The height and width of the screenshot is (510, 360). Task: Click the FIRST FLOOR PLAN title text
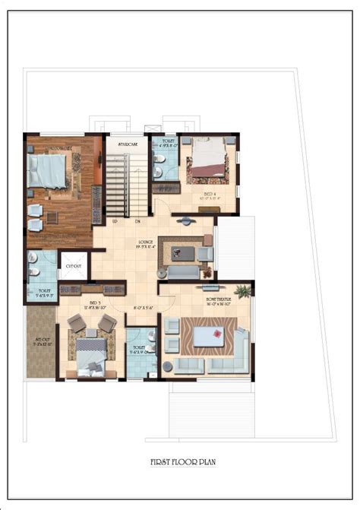click(x=179, y=461)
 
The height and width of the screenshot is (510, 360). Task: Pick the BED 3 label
click(x=95, y=303)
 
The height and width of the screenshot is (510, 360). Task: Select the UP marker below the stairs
click(x=115, y=221)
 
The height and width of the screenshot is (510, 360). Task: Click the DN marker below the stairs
click(x=137, y=221)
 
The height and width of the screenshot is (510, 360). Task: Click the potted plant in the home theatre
click(x=242, y=290)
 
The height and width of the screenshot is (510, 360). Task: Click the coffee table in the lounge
click(x=183, y=251)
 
